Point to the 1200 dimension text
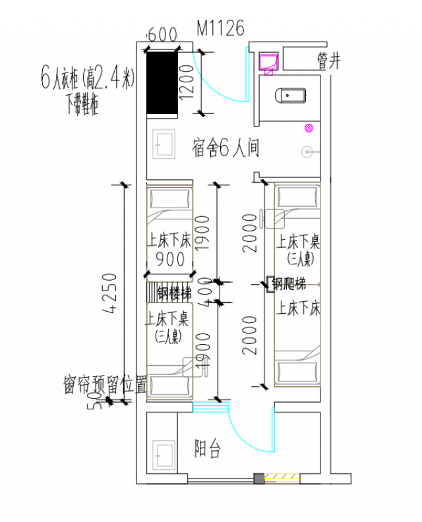[x=187, y=83]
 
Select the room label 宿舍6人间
[x=226, y=148]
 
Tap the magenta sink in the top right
[x=269, y=61]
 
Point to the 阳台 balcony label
[x=207, y=450]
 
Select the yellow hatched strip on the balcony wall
[x=280, y=478]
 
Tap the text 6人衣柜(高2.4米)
[x=87, y=80]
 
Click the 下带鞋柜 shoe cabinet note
[x=82, y=103]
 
